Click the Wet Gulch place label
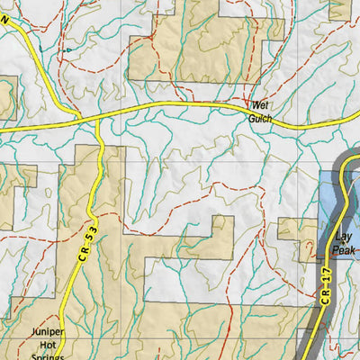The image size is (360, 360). click(261, 110)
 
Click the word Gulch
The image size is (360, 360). click(261, 116)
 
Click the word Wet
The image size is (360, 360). click(260, 104)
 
